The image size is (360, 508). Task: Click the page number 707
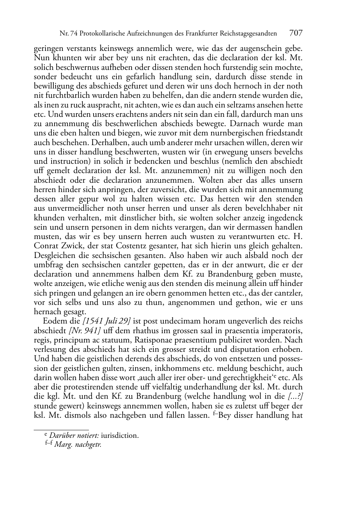click(x=296, y=33)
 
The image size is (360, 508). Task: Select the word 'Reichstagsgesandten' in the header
click(x=249, y=34)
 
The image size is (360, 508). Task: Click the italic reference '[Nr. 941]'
click(x=85, y=330)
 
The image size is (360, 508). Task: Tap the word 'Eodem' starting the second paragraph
click(x=53, y=321)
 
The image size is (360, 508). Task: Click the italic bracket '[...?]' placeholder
click(x=295, y=396)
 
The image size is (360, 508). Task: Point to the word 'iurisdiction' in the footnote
click(x=120, y=436)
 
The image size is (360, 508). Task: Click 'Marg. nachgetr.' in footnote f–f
click(x=78, y=445)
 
